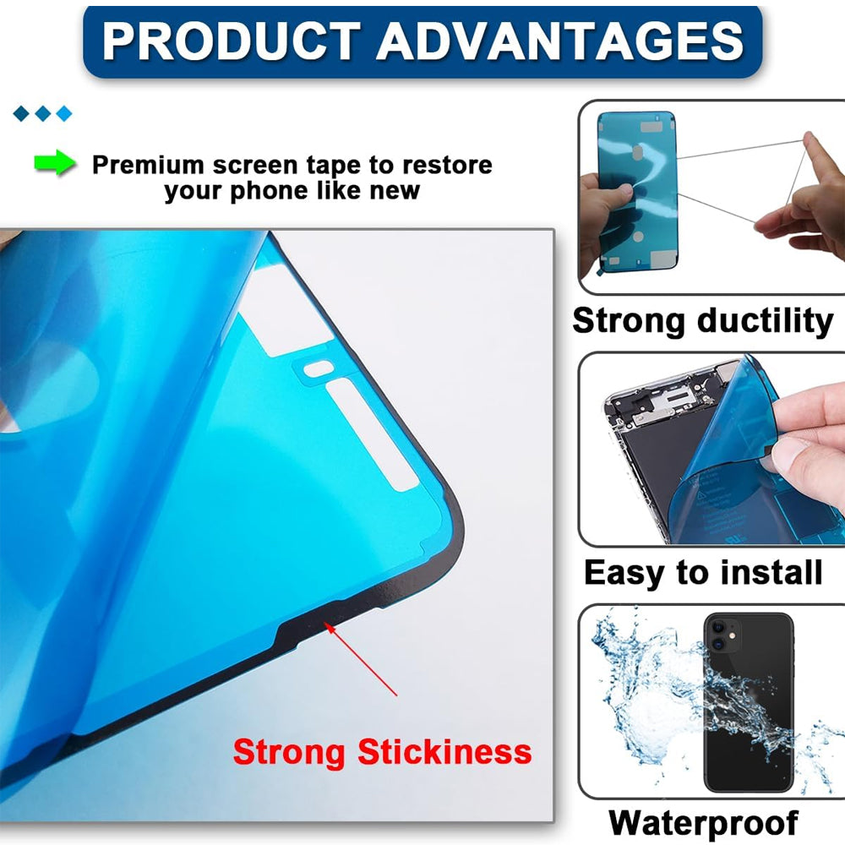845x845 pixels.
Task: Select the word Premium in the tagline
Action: [x=148, y=164]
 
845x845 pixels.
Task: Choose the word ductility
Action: [x=765, y=321]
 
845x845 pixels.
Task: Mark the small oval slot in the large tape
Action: [x=318, y=368]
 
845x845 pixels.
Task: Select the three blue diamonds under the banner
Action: [x=43, y=113]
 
